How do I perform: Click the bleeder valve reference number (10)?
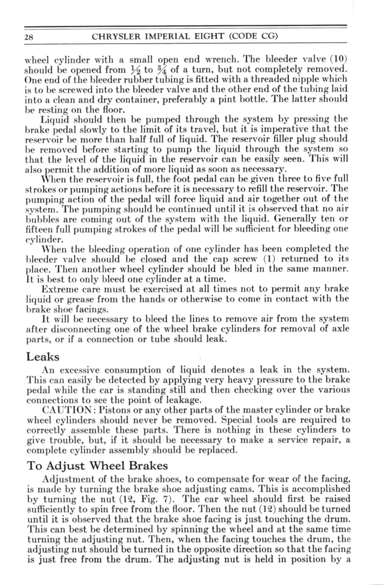[338, 59]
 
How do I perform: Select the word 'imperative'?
[286, 129]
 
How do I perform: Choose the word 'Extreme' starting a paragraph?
[57, 289]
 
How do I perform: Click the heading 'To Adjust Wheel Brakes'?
[97, 466]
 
